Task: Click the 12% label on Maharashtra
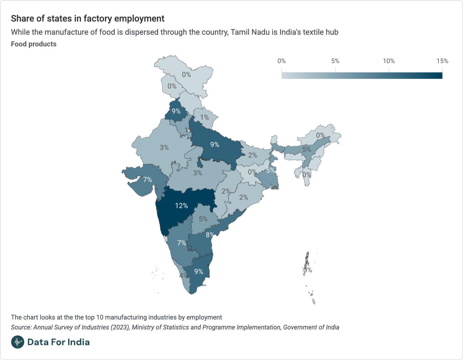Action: (x=181, y=206)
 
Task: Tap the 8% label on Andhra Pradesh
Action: (x=210, y=235)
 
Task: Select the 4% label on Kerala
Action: (x=183, y=275)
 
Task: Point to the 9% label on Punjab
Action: (x=176, y=111)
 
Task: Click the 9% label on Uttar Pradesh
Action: (x=215, y=145)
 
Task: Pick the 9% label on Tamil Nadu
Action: (x=199, y=272)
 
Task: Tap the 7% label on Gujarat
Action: (x=148, y=180)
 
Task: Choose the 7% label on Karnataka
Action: (x=182, y=243)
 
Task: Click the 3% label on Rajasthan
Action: (x=164, y=148)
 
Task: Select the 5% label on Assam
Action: (x=307, y=149)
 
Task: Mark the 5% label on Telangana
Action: (x=203, y=219)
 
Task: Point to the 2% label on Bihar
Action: (x=253, y=155)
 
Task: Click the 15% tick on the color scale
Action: (x=442, y=61)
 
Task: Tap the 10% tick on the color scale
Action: (x=389, y=61)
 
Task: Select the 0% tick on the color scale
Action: (x=282, y=61)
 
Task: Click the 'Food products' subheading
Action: (x=34, y=44)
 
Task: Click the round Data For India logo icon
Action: (x=18, y=342)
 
